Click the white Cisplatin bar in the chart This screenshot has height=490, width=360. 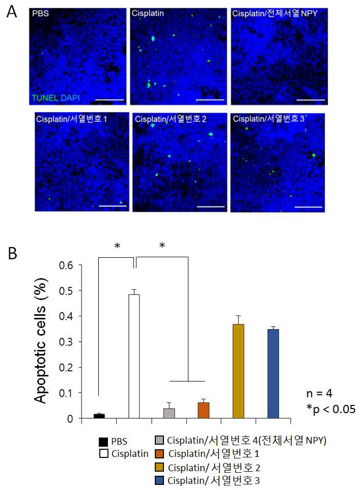tap(134, 356)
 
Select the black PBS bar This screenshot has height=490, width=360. tap(99, 416)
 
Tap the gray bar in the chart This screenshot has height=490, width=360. tap(169, 413)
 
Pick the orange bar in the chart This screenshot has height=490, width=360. tap(204, 411)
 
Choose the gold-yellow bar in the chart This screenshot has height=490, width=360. tap(238, 371)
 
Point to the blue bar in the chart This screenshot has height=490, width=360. tap(273, 374)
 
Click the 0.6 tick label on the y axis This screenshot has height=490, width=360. tap(66, 265)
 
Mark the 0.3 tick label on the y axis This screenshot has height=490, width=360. tap(66, 342)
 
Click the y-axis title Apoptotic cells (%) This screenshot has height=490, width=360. tap(41, 340)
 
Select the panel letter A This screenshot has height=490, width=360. tap(12, 12)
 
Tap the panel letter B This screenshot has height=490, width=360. tap(13, 253)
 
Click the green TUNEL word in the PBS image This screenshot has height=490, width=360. tap(45, 98)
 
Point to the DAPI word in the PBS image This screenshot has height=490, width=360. tap(70, 98)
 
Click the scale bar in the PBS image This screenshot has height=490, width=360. tap(109, 100)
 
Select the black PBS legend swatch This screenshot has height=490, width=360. tap(103, 442)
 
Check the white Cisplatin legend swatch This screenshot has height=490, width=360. tap(103, 453)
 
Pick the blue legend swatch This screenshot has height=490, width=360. tap(159, 480)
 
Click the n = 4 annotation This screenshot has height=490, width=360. tap(319, 393)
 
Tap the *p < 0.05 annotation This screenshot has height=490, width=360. tap(331, 409)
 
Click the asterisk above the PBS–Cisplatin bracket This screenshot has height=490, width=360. tap(117, 246)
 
